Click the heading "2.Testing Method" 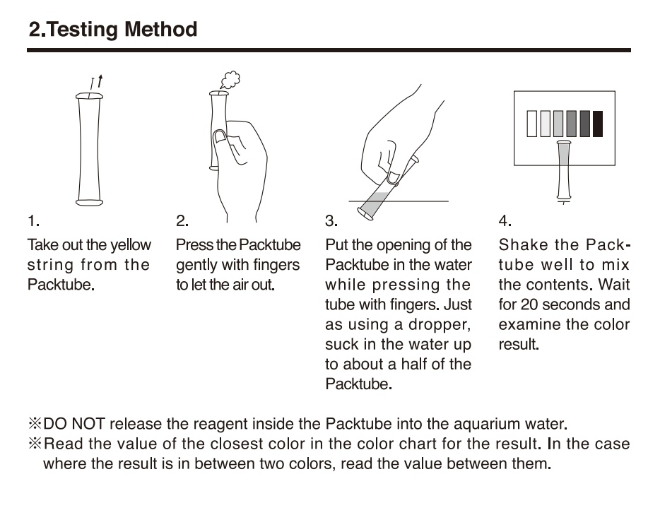[x=113, y=30]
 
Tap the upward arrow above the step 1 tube [x=100, y=81]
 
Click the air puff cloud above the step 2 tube [x=230, y=80]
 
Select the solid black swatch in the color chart [x=598, y=124]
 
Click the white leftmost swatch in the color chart [x=532, y=124]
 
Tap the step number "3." [x=331, y=221]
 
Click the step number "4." [x=505, y=221]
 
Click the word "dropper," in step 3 [x=440, y=325]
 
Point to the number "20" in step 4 [x=529, y=304]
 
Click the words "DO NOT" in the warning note [x=74, y=424]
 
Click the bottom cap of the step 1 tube [x=89, y=202]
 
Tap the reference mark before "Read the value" [x=35, y=444]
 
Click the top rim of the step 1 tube [x=89, y=96]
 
